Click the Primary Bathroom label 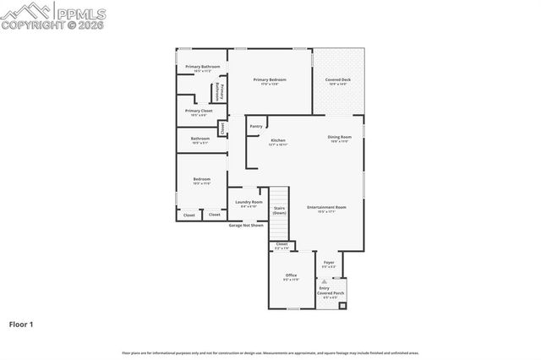[x=203, y=66]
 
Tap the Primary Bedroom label [x=270, y=79]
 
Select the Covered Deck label [x=338, y=80]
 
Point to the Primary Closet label [x=199, y=111]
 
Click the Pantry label [x=256, y=127]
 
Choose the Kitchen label [x=277, y=140]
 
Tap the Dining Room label [x=340, y=137]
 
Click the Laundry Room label [x=249, y=203]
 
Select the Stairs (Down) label [x=279, y=210]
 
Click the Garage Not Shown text [x=246, y=226]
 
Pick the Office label [x=291, y=275]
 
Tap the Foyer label [x=329, y=263]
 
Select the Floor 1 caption [x=21, y=324]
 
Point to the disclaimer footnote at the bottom [x=270, y=352]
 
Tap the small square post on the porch [x=342, y=305]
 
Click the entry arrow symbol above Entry [x=324, y=281]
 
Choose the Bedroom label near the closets [x=201, y=179]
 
